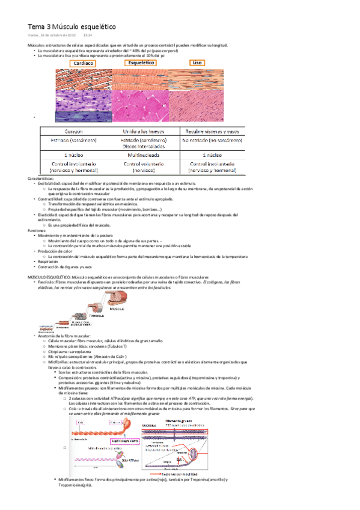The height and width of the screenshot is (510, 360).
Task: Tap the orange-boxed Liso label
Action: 197,63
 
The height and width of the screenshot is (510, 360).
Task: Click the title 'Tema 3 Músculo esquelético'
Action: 72,27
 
